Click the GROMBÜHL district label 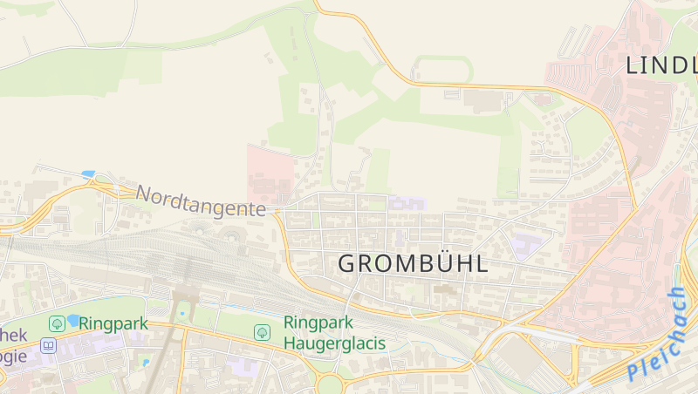point(413,264)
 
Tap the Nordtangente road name point(201,201)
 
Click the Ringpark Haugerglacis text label point(334,332)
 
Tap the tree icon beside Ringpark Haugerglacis point(262,332)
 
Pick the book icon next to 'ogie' point(48,346)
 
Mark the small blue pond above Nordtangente point(88,174)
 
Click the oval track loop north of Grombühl point(443,70)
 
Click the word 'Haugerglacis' point(334,343)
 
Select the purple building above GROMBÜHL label point(407,203)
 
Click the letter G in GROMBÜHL point(347,264)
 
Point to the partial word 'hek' point(14,336)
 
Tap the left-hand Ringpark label point(113,323)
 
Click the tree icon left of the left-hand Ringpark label point(57,323)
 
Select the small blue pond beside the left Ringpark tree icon point(72,319)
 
